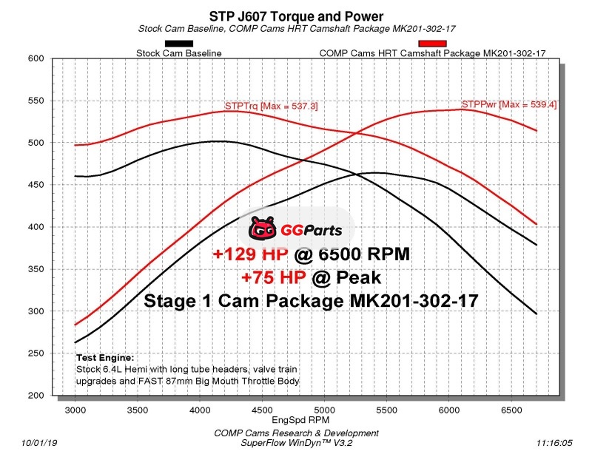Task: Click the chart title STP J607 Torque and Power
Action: (296, 16)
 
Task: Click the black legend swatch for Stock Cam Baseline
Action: (179, 44)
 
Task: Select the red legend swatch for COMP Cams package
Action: (432, 44)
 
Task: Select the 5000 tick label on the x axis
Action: (323, 407)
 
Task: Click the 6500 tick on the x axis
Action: (510, 407)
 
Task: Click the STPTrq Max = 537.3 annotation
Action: (272, 106)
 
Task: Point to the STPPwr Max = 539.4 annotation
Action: (509, 105)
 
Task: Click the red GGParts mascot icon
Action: (262, 229)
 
